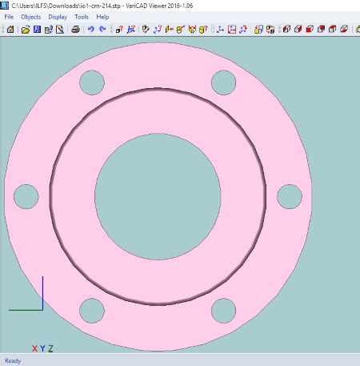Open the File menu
9,17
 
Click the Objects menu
31,17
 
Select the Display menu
58,17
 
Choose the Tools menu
82,17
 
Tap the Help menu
102,17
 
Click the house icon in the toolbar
10,29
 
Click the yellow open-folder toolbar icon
26,30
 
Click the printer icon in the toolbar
76,29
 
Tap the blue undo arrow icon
91,29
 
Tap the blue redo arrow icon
102,29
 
